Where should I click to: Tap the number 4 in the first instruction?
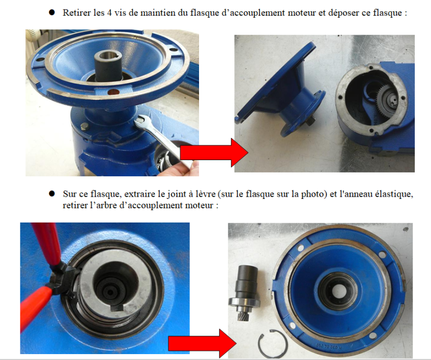(x=109, y=13)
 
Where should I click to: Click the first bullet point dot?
(x=52, y=12)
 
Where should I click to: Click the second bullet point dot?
(x=52, y=193)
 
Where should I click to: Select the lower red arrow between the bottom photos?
(x=202, y=343)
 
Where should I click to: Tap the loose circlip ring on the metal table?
(x=273, y=343)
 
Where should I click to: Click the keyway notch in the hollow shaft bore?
(x=117, y=308)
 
